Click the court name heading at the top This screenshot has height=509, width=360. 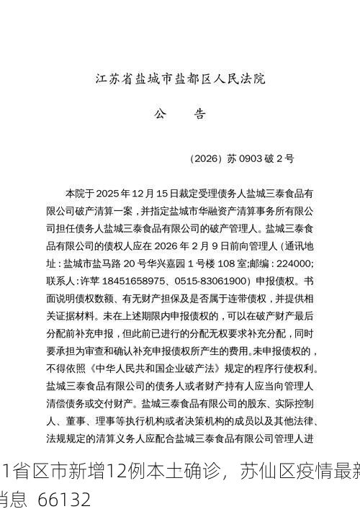click(180, 79)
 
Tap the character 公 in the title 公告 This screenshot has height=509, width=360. click(160, 114)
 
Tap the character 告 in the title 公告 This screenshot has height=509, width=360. click(200, 114)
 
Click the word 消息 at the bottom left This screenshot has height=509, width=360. click(14, 498)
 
